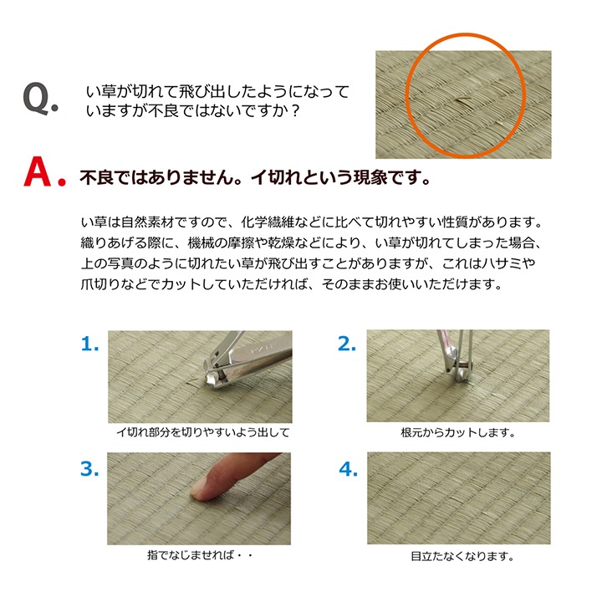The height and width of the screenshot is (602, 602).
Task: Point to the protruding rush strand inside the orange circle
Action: point(463,100)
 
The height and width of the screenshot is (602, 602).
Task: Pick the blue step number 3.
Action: point(90,469)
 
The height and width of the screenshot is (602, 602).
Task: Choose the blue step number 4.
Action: point(348,469)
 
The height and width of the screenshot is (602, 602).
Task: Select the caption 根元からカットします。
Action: point(457,433)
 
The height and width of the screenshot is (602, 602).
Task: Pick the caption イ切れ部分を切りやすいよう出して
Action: point(202,433)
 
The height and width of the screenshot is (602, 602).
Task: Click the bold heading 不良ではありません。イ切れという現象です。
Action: point(254,178)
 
